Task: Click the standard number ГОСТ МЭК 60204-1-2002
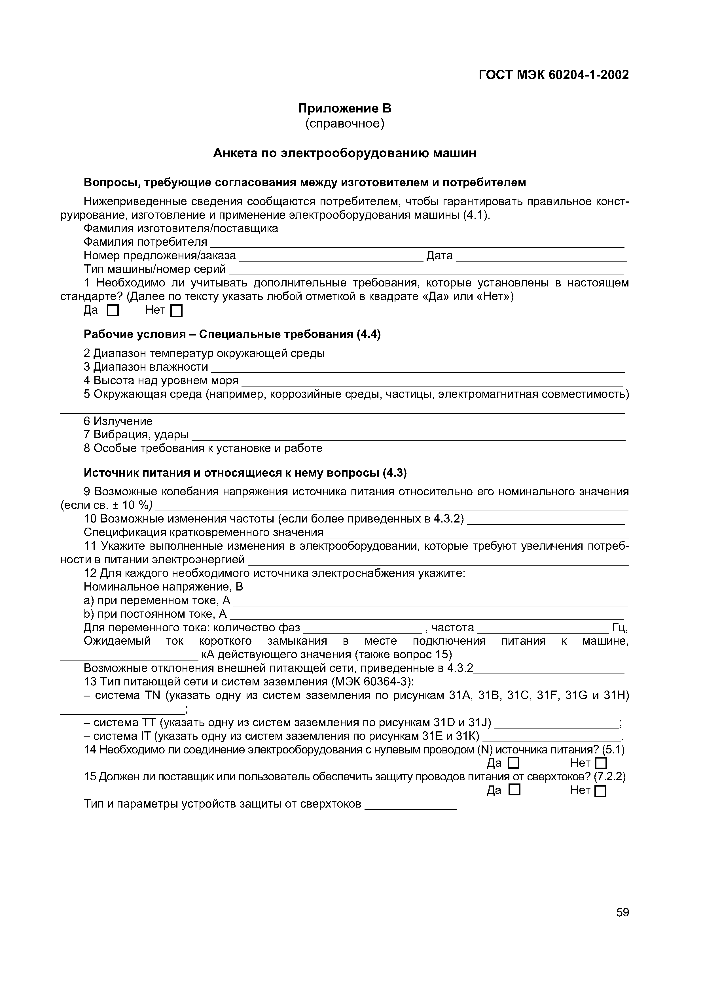tap(554, 75)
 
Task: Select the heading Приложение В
tap(345, 108)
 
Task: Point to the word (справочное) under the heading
tap(345, 124)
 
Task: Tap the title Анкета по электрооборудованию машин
tap(345, 153)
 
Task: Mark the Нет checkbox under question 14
tap(601, 775)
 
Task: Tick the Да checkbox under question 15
tap(514, 802)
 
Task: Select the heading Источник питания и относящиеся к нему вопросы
tap(245, 473)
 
